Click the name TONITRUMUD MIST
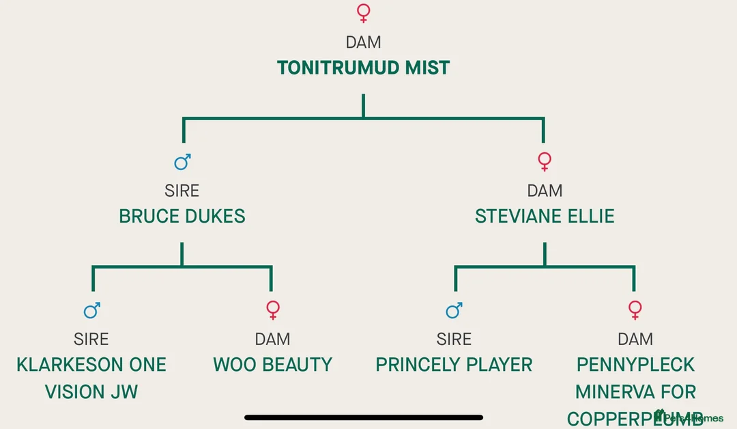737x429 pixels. [363, 68]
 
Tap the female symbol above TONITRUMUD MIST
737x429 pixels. [364, 13]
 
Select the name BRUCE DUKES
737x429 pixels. [182, 217]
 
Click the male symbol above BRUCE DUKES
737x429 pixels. [182, 162]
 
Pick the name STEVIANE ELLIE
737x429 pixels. [545, 217]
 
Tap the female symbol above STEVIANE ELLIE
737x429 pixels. [545, 162]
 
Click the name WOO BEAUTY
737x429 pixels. [272, 365]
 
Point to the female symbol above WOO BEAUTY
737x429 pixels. [273, 311]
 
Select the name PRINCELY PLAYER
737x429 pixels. [454, 365]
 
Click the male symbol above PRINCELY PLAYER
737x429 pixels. [454, 311]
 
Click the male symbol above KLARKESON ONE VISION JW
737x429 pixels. [92, 311]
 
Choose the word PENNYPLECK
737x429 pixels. [635, 365]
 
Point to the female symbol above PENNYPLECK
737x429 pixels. [635, 311]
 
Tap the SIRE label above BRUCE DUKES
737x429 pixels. [182, 191]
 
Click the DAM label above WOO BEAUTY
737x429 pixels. [272, 339]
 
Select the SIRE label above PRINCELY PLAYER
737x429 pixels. [454, 339]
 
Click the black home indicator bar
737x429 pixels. [364, 417]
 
